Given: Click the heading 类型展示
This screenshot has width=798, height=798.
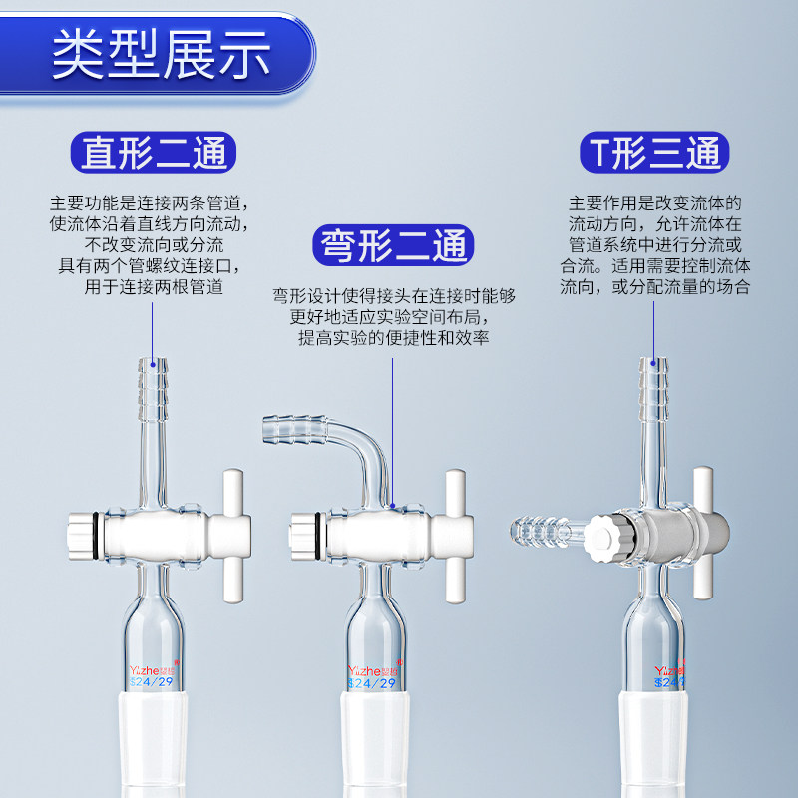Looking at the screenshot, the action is click(x=161, y=55).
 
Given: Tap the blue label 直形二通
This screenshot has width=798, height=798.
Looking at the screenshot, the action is click(x=154, y=153).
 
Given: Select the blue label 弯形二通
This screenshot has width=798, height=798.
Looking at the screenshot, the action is click(x=393, y=245).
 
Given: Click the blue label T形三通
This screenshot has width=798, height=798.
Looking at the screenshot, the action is click(x=654, y=153).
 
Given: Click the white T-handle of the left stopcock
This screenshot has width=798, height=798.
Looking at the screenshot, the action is click(x=233, y=536).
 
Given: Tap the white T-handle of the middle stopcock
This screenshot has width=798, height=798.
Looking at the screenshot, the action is click(x=456, y=536).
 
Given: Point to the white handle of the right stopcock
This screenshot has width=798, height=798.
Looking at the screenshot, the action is click(x=704, y=533).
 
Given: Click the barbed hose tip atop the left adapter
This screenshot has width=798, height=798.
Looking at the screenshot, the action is click(x=153, y=389).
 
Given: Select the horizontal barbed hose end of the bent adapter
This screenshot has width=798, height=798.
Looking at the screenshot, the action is click(x=295, y=429).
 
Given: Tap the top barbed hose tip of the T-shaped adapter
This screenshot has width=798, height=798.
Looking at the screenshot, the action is click(x=653, y=389).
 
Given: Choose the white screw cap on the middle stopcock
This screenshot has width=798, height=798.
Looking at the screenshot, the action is click(x=304, y=536).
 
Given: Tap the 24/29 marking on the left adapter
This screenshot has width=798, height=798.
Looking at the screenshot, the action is click(x=152, y=682).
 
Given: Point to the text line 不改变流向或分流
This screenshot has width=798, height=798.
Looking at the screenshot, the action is click(x=155, y=245).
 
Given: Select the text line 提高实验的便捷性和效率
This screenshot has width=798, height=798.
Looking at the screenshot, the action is click(x=393, y=338).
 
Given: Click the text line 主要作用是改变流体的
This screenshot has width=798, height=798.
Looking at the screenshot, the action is click(x=654, y=203).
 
